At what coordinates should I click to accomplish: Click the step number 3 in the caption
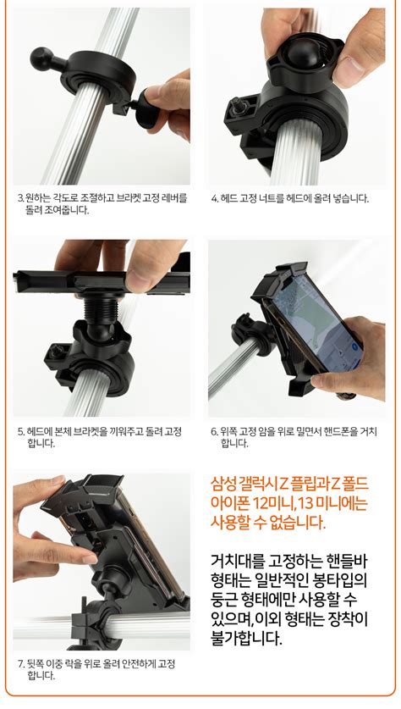coord(20,199)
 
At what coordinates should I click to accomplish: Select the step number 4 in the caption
coord(214,199)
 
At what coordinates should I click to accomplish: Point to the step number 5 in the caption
coord(20,431)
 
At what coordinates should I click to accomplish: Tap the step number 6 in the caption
coord(214,431)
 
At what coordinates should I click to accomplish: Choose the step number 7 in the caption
coord(20,664)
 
